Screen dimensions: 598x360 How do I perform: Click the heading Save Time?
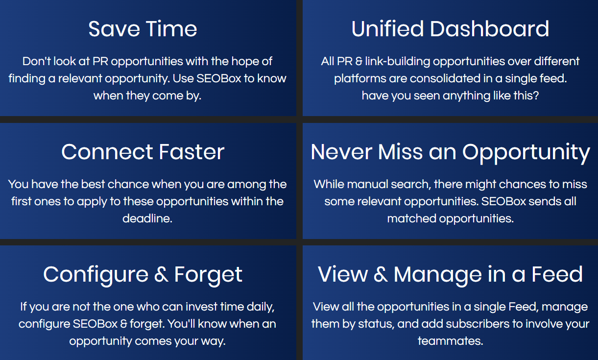tap(143, 29)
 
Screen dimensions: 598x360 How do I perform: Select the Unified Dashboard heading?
tap(451, 28)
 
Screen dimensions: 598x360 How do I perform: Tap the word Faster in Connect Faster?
tap(191, 152)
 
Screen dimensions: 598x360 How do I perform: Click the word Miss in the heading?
tap(401, 152)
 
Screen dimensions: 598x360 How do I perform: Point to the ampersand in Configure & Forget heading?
tap(161, 274)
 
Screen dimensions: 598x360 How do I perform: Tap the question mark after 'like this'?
tap(536, 96)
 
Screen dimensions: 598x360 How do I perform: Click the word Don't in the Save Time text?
tap(36, 61)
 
